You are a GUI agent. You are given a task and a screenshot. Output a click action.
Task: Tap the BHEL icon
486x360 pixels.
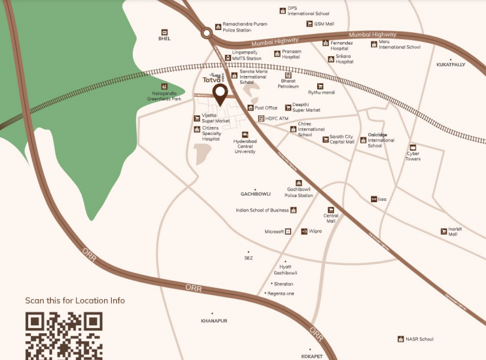pos(164,31)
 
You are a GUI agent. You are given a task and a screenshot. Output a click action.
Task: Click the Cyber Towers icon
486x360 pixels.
pos(413,147)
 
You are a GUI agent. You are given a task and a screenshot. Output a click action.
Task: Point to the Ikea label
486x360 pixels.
pos(383,199)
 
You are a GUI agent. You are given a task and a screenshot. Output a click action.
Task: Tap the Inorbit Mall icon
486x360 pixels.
pos(444,231)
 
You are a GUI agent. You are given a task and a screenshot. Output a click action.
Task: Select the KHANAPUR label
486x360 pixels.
pos(214,321)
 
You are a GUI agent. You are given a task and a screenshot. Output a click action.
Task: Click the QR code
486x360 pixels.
pos(63,335)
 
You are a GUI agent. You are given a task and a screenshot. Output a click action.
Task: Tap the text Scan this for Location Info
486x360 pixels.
pos(75,300)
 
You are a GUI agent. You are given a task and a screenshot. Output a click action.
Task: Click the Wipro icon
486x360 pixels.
pos(304,231)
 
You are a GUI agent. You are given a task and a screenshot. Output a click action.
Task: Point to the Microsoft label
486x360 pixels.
pos(274,232)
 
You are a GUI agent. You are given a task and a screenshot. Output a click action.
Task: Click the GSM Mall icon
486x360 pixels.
pos(309,24)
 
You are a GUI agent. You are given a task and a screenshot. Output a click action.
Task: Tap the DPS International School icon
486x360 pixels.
pos(283,10)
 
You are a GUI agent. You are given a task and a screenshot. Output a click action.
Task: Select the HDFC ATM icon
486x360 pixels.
pos(260,118)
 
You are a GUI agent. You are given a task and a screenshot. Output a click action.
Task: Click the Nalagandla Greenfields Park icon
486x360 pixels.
pos(164,86)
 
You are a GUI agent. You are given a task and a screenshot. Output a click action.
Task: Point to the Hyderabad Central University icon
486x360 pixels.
pos(245,135)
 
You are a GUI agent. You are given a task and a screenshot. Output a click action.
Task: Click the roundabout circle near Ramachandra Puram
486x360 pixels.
pos(207,31)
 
